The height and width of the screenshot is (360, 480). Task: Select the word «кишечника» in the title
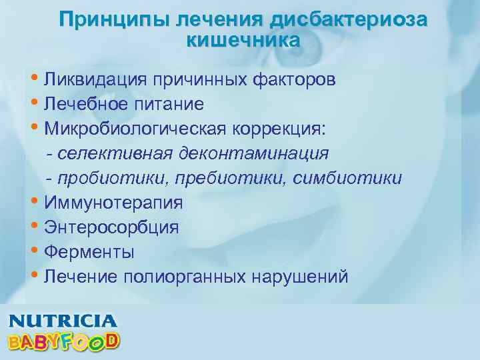point(243,40)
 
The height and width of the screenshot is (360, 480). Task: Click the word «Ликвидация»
point(96,81)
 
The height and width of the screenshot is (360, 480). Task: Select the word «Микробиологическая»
point(126,129)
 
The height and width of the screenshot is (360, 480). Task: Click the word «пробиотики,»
point(103,178)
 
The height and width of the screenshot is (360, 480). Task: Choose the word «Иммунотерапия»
point(113,203)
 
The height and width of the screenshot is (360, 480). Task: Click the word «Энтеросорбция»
point(111,227)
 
